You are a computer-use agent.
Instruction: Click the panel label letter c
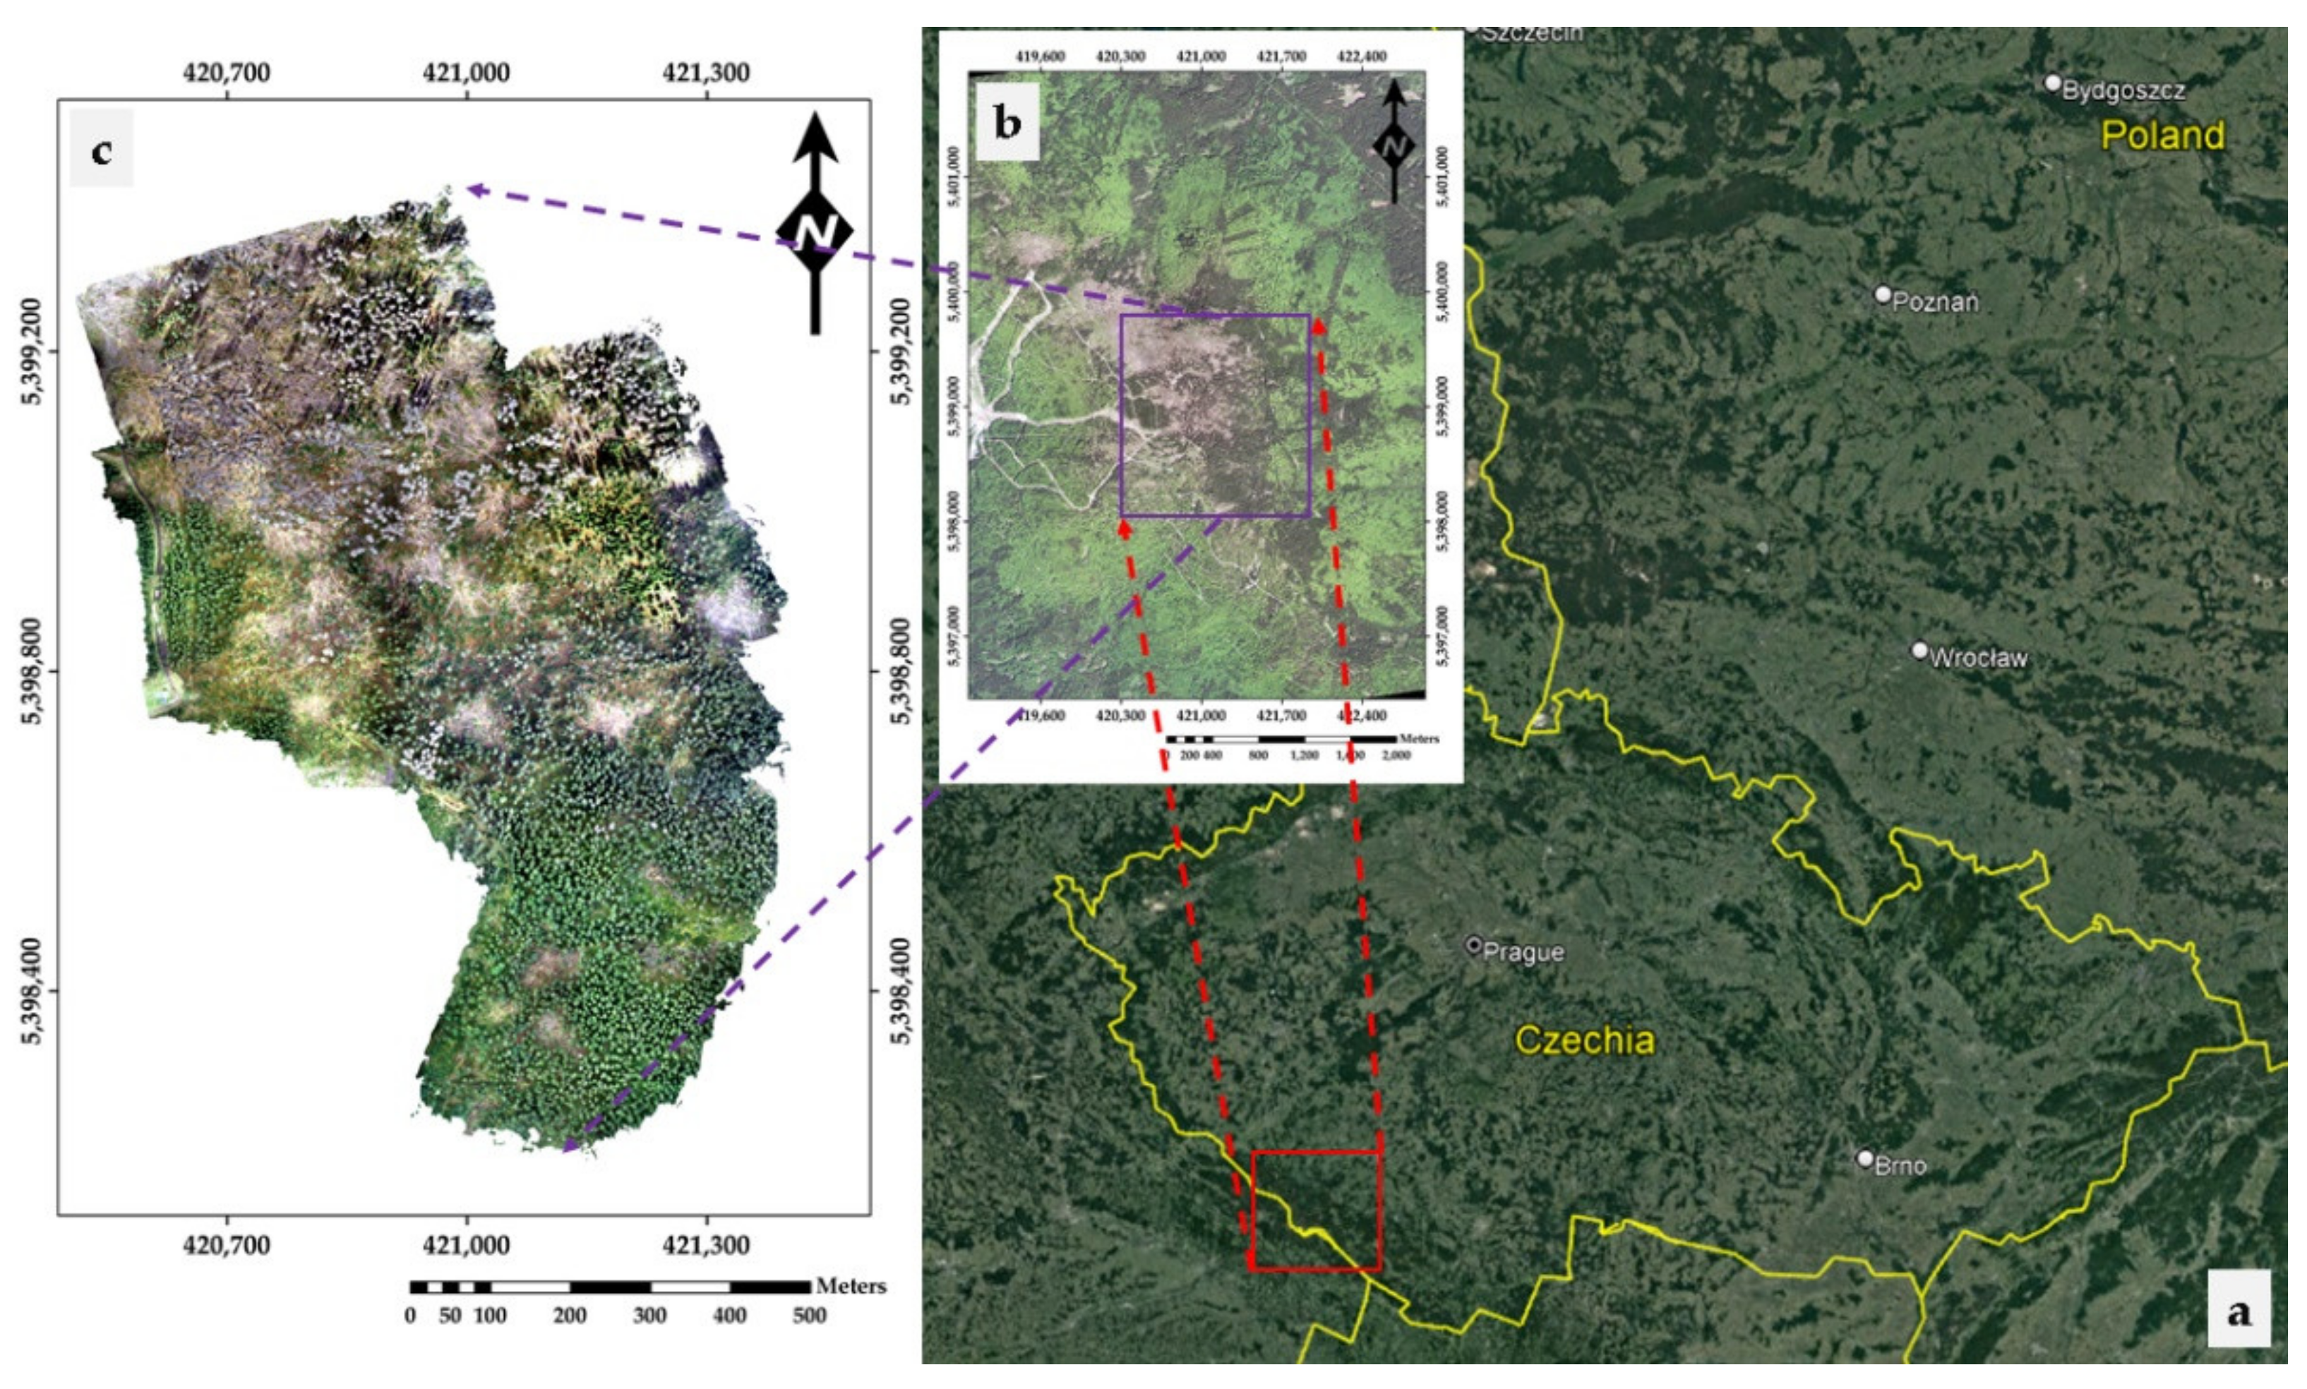[101, 150]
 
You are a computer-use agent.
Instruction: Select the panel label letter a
[2239, 1311]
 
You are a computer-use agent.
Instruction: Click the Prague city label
[1523, 952]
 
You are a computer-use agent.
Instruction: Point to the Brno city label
[1900, 1165]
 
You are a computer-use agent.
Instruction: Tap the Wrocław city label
[1977, 658]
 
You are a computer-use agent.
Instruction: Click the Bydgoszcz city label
[2123, 91]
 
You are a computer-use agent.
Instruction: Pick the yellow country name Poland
[2162, 136]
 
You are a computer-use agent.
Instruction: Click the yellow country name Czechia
[1583, 1040]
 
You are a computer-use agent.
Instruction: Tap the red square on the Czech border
[1316, 1210]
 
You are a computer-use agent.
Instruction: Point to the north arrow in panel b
[1394, 143]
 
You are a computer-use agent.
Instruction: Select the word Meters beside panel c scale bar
[850, 1286]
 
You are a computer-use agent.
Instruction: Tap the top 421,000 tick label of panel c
[466, 72]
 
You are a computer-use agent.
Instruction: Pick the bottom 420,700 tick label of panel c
[227, 1245]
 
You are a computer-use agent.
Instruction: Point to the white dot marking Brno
[1865, 1160]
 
